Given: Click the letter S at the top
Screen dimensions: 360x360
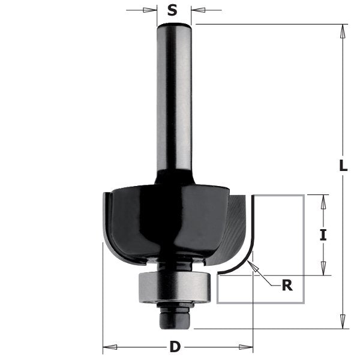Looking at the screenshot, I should coord(173,10).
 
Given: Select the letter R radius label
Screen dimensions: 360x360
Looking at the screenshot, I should coord(287,285).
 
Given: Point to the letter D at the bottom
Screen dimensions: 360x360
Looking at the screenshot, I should coord(175,347).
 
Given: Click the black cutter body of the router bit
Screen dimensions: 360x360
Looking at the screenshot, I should coord(162,222).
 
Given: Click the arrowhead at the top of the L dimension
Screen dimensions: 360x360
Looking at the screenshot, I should coord(343,29).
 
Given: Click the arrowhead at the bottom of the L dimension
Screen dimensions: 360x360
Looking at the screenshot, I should coord(343,324).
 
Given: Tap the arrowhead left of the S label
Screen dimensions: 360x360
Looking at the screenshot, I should coord(151,10).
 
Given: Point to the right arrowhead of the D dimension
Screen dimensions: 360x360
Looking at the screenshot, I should coord(249,347).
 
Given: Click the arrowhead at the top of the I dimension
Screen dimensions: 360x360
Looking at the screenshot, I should coord(323,199).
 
